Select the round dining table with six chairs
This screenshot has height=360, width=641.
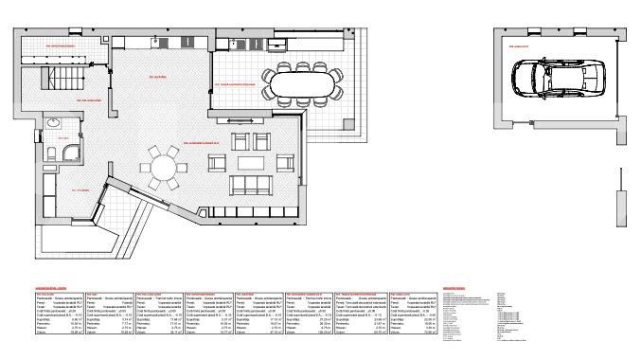pyautogui.click(x=167, y=168)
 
